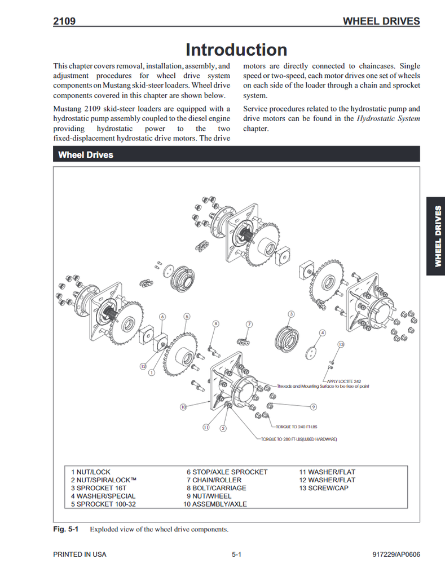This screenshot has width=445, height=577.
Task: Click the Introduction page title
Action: [x=236, y=50]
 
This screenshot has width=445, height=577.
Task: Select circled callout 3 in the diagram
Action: [x=291, y=314]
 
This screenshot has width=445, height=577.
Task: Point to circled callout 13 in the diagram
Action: [x=341, y=344]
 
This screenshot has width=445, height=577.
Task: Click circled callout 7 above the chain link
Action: [x=249, y=325]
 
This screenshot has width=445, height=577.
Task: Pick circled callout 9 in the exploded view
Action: [x=313, y=407]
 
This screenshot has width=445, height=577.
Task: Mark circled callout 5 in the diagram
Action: [x=187, y=317]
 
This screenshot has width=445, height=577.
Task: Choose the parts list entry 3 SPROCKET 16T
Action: [x=103, y=488]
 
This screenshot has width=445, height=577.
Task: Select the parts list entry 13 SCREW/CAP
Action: [x=324, y=488]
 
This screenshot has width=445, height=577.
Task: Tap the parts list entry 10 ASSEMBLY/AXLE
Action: [x=215, y=504]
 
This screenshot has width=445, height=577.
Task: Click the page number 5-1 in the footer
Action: [x=236, y=554]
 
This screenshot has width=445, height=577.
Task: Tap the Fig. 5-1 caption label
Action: [x=65, y=529]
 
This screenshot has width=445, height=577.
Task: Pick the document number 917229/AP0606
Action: [x=396, y=554]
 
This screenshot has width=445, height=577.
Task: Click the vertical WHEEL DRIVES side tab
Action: [x=436, y=236]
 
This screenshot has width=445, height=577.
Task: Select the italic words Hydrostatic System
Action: [x=389, y=119]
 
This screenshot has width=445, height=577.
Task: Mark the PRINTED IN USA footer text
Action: [x=80, y=554]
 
